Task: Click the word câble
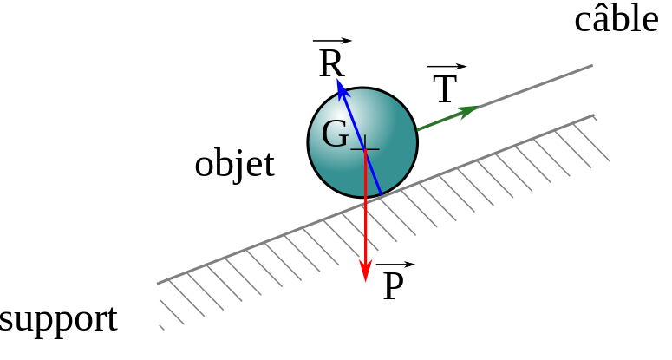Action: click(x=617, y=19)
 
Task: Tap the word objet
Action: click(x=234, y=164)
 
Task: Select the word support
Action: click(x=58, y=320)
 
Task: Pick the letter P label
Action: click(x=393, y=287)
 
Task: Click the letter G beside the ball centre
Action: click(x=335, y=134)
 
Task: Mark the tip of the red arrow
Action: click(x=365, y=279)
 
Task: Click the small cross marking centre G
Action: click(x=365, y=149)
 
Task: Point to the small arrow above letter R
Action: click(x=332, y=41)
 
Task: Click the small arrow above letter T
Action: click(x=447, y=67)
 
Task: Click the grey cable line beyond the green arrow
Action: click(x=538, y=85)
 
